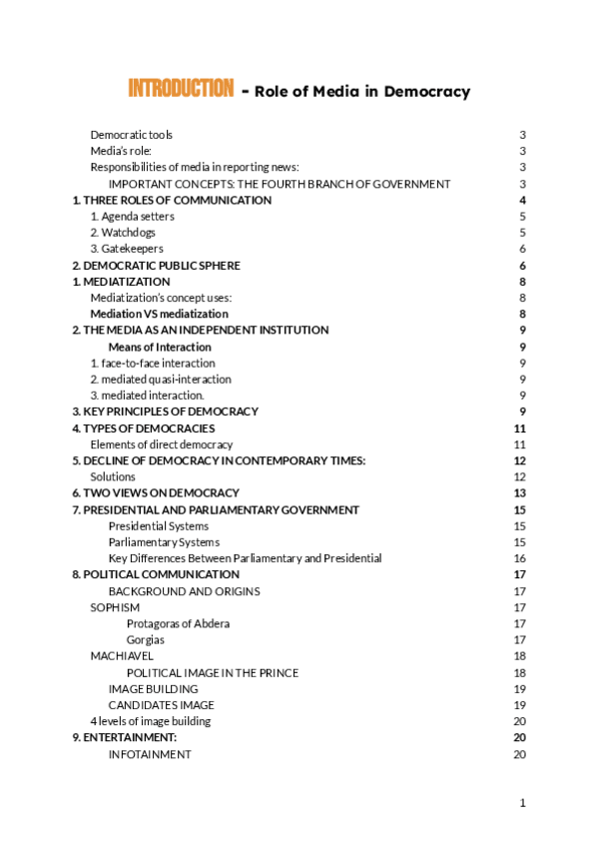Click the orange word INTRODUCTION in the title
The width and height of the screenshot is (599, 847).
181,89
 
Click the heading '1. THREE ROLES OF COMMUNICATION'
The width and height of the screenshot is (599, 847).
172,201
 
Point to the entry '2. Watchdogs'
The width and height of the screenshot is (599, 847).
123,233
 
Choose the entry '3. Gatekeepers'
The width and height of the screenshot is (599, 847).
127,249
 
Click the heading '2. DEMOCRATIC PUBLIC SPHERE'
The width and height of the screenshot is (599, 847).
157,266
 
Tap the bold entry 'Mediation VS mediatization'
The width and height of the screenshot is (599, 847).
159,314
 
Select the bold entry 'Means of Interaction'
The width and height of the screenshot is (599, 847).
160,347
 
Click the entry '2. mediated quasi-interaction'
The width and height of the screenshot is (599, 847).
161,380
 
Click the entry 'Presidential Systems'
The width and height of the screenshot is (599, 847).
159,526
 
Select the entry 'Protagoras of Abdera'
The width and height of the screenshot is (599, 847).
178,624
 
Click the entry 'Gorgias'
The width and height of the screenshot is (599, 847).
146,640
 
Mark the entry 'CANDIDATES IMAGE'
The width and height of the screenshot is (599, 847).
161,705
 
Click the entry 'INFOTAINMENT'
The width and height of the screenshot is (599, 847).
150,754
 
